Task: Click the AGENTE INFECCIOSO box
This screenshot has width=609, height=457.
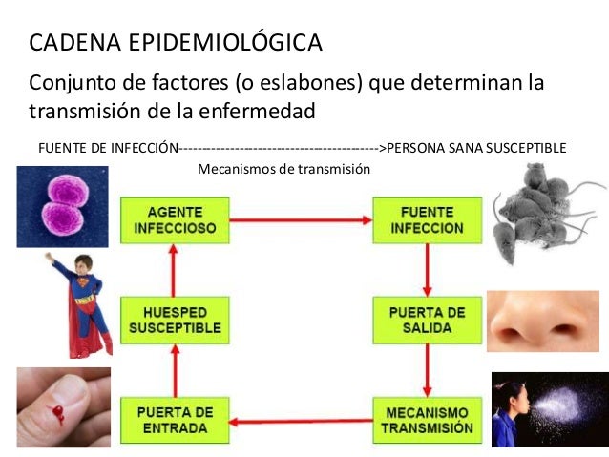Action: [175, 219]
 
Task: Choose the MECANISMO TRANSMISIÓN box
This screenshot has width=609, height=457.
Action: [427, 421]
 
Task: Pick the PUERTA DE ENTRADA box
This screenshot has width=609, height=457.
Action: [175, 421]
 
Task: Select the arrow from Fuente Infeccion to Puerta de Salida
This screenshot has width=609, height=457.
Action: [428, 269]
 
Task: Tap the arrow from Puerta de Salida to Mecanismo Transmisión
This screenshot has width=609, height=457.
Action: [428, 370]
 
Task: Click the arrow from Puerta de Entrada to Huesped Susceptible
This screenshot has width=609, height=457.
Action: [174, 370]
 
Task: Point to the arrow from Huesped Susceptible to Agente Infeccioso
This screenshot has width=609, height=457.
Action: [174, 269]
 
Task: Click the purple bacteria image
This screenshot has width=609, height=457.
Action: [63, 206]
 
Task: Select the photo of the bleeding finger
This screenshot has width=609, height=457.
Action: [63, 407]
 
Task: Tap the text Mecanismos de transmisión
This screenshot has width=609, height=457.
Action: [283, 169]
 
